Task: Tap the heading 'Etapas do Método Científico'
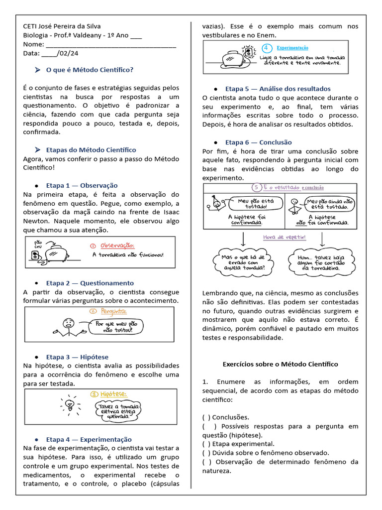click(91, 150)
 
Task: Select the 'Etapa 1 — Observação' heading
click(82, 185)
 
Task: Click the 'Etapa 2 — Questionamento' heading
click(90, 283)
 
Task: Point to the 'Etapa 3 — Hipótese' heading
click(77, 357)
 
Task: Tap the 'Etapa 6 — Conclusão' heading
click(258, 142)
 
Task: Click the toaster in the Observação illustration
click(59, 253)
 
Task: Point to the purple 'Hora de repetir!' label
click(284, 238)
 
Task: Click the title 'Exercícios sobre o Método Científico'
click(280, 364)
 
